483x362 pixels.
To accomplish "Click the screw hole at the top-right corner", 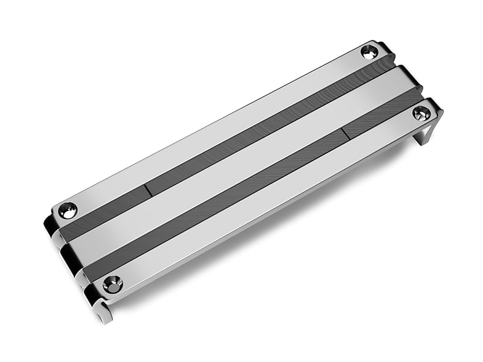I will coord(369,52).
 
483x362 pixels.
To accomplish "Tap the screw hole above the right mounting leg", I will coord(421,113).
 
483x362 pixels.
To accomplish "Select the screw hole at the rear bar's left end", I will coord(68,211).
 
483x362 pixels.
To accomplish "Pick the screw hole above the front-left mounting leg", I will coord(112,284).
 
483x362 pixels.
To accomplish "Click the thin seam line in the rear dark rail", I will coord(147,190).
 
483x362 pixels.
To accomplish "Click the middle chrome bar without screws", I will coord(241,163).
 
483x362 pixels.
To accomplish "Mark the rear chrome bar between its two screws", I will coord(217,130).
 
